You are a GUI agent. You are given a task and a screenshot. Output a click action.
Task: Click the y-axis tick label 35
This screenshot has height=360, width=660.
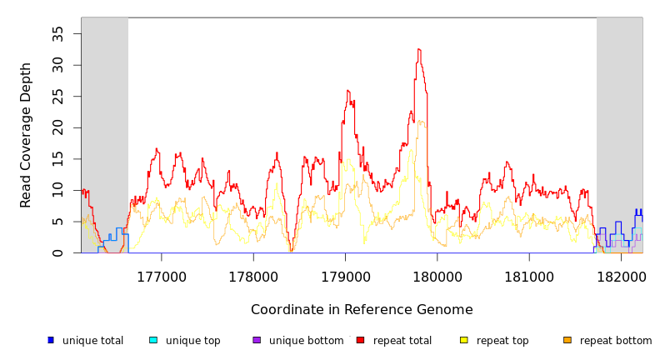(x=58, y=33)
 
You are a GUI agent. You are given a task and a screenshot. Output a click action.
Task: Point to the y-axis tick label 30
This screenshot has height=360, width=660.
(x=58, y=65)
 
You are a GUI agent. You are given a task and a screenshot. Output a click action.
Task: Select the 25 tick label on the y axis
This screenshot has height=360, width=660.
(x=58, y=97)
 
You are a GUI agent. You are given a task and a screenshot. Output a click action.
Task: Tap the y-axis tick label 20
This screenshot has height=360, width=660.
(x=58, y=127)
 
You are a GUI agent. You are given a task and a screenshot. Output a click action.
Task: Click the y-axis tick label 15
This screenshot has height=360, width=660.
(x=58, y=159)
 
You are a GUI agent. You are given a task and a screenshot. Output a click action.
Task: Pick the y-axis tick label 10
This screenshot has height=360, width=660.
(x=58, y=191)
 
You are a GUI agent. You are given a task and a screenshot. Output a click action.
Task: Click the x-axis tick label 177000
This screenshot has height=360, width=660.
(x=161, y=274)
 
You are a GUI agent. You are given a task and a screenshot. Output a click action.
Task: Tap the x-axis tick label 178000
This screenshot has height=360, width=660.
(x=253, y=274)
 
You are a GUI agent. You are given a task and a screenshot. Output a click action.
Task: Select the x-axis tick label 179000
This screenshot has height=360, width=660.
(x=346, y=274)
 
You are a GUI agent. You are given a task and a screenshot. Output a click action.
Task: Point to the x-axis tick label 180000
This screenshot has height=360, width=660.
(x=437, y=274)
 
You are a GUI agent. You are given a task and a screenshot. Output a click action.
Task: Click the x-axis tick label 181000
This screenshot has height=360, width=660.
(x=530, y=274)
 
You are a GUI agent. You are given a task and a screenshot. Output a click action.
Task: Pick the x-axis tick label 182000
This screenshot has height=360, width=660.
(x=622, y=274)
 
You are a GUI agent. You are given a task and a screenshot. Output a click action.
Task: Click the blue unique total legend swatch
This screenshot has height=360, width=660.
(x=51, y=340)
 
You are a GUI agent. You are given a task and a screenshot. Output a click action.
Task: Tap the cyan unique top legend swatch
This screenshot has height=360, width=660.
(x=153, y=340)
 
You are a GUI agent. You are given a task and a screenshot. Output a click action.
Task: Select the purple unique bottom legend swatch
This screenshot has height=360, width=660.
(x=257, y=340)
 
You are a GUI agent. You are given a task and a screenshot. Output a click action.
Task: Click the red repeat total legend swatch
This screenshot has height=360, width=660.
(x=360, y=340)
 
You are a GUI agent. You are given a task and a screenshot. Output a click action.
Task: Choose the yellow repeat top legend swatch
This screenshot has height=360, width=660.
(x=464, y=340)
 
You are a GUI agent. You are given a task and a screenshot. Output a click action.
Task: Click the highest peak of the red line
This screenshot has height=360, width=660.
(x=419, y=49)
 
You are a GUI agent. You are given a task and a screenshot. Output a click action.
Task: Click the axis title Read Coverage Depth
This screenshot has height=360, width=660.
(x=26, y=135)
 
